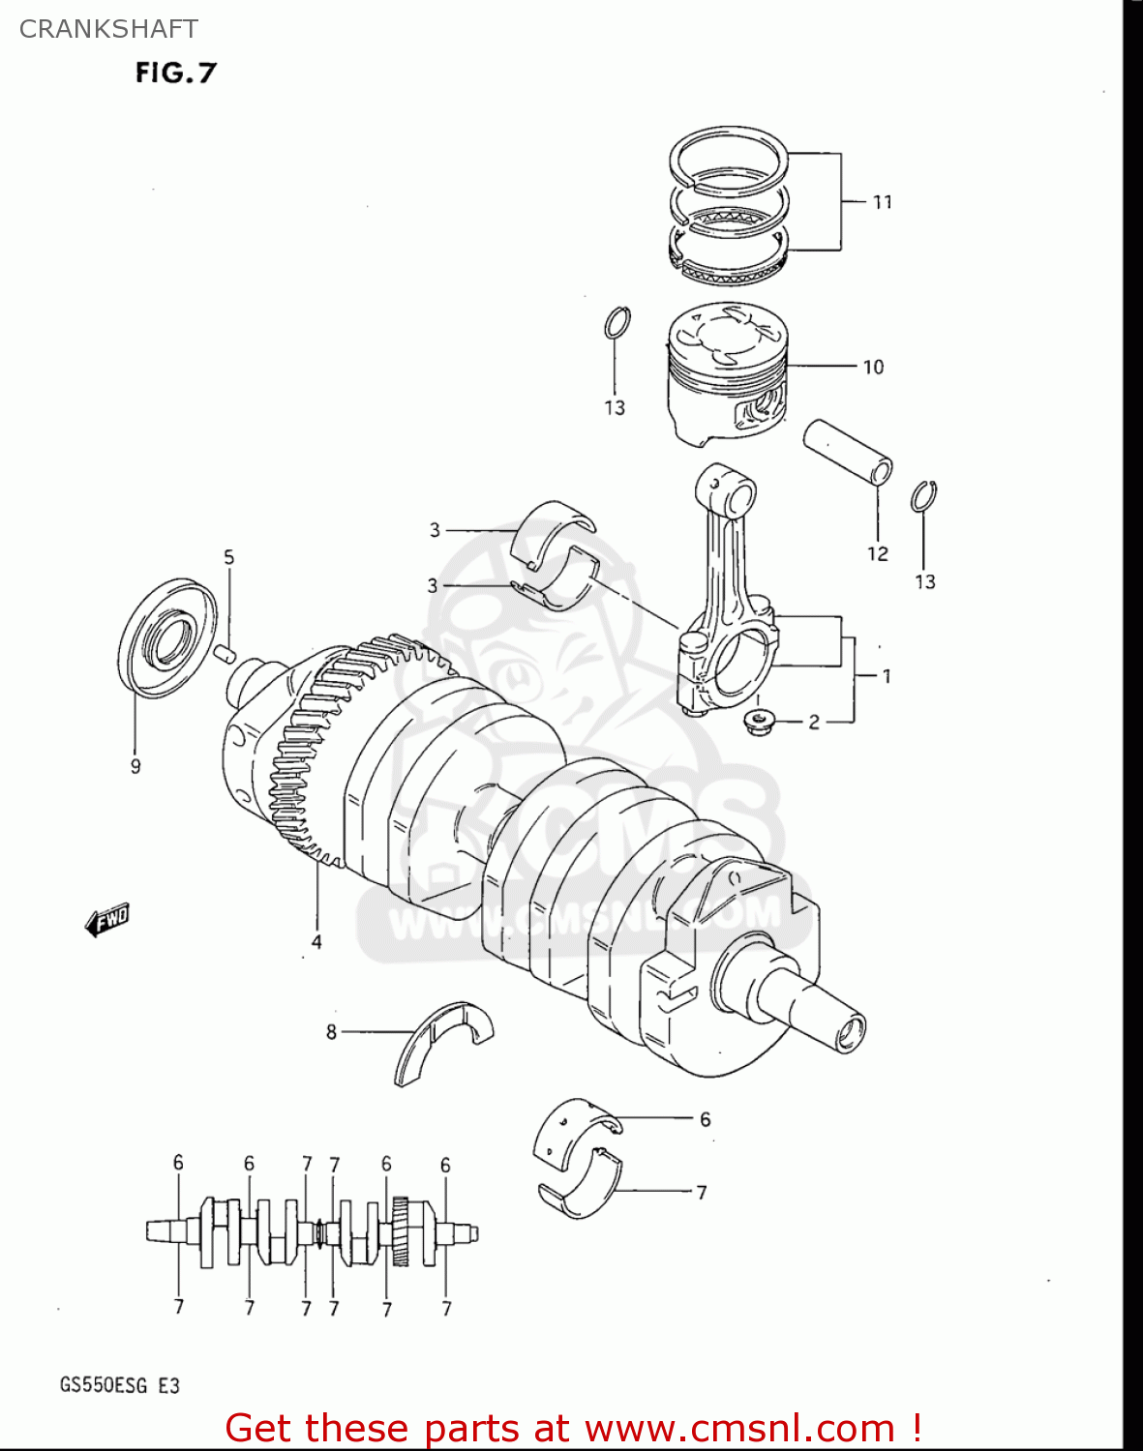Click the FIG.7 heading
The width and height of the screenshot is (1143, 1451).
[175, 73]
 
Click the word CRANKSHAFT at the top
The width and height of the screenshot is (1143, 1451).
[108, 29]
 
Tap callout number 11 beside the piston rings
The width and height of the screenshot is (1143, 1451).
[882, 202]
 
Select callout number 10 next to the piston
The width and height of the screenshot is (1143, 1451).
[873, 368]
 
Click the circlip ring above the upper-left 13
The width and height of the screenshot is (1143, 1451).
[617, 323]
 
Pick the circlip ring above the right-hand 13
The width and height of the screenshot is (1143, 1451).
[924, 496]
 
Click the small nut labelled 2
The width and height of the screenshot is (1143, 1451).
[759, 722]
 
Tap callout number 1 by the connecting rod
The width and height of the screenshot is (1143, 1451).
[887, 676]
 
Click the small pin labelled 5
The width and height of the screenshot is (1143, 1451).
[226, 653]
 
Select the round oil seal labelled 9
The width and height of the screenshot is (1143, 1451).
[169, 637]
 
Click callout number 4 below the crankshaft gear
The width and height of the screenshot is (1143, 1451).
[316, 941]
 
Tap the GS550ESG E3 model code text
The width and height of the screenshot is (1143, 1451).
[120, 1385]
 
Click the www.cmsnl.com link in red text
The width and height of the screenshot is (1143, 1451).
[739, 1428]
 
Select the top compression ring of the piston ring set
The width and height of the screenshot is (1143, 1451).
[728, 155]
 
